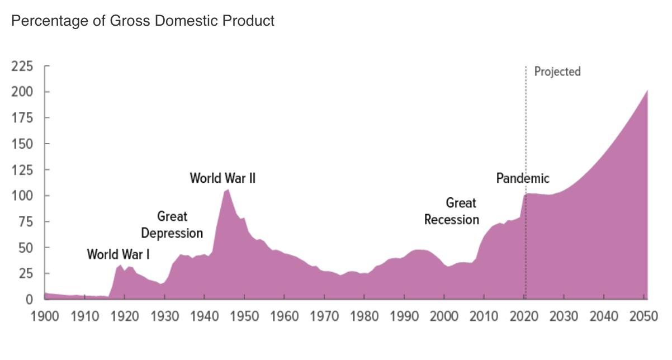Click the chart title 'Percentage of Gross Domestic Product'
[143, 21]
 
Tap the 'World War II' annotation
[223, 178]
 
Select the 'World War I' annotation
[118, 254]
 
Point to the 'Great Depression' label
[172, 225]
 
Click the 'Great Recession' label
[452, 211]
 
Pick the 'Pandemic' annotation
[523, 178]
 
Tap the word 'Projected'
[557, 72]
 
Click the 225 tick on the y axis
[22, 67]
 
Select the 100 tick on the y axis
[22, 196]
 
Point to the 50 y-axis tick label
[25, 248]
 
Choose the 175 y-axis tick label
[22, 118]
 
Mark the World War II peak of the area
[228, 190]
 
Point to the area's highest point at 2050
[647, 91]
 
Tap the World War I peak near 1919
[120, 265]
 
